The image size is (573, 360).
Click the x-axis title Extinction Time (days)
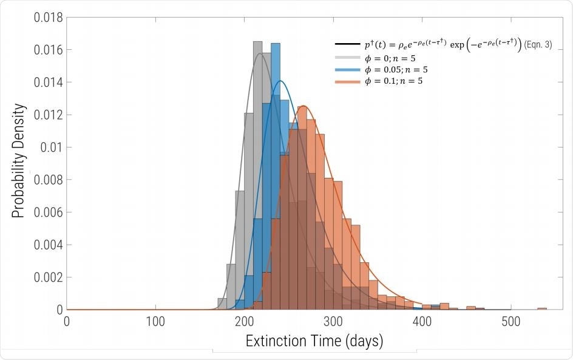(x=314, y=342)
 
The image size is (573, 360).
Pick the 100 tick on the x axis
(x=155, y=321)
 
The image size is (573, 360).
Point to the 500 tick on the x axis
(x=511, y=321)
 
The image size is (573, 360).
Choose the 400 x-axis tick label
(x=422, y=321)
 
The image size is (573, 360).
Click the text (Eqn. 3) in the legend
(x=538, y=46)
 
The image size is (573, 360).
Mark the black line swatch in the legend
(x=345, y=46)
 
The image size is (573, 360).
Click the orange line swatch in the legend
(x=345, y=81)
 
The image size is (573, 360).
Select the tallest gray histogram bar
(x=257, y=176)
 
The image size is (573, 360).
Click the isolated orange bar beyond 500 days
(x=542, y=308)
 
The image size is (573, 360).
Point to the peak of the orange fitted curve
(x=304, y=107)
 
